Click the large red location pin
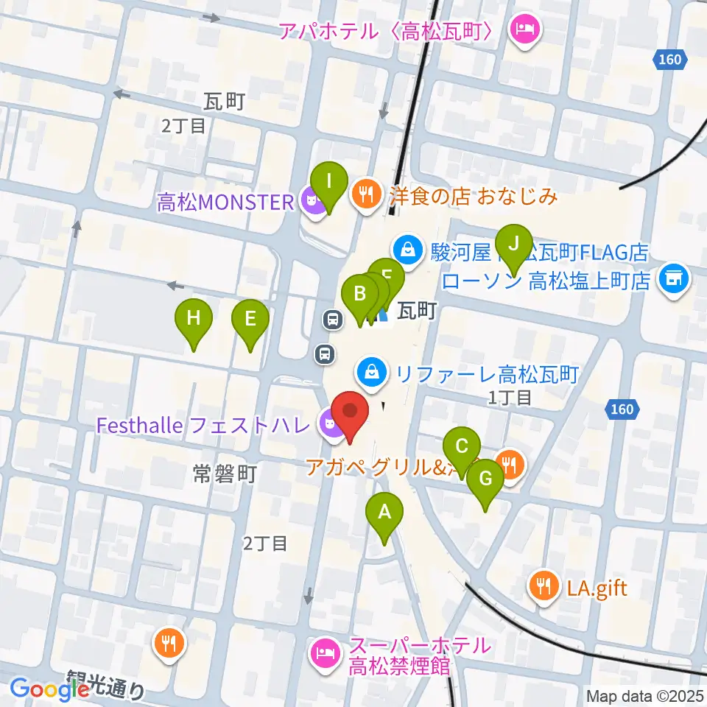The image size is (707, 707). [x=350, y=414]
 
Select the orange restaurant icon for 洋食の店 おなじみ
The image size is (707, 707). [x=365, y=196]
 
